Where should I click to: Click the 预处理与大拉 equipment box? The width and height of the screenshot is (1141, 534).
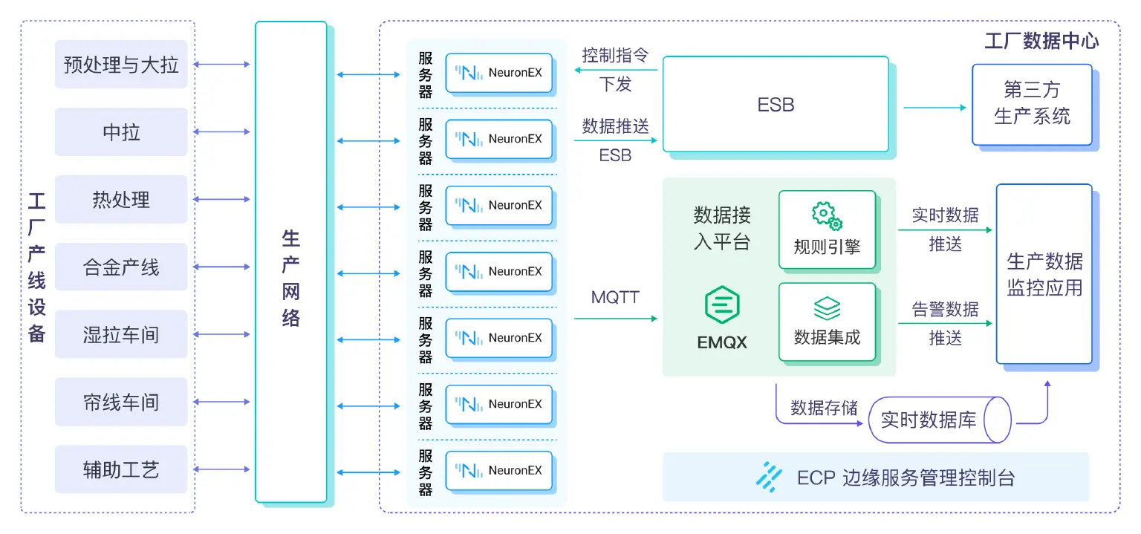(121, 65)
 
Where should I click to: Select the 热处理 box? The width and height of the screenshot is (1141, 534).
(121, 200)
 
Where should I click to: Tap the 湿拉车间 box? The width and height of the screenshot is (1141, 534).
(121, 335)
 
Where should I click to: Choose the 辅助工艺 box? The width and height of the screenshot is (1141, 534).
(121, 470)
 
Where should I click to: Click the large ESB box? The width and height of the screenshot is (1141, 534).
(776, 105)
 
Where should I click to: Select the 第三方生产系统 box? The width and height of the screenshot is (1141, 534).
(1032, 105)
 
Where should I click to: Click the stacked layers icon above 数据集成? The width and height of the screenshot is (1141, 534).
(827, 307)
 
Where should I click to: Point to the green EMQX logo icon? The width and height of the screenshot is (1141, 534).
(722, 306)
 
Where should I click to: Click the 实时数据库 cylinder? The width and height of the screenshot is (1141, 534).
(940, 420)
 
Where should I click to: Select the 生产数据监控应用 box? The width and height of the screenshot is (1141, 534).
(1044, 274)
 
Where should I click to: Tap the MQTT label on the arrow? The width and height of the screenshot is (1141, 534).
(615, 298)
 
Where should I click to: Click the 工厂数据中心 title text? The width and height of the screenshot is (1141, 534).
(1041, 40)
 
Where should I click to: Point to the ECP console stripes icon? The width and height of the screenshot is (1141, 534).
(768, 477)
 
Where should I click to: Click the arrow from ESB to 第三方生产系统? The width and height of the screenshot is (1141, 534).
(934, 108)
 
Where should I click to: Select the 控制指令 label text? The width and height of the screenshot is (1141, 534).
(615, 56)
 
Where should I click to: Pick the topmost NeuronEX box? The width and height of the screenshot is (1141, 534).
(499, 73)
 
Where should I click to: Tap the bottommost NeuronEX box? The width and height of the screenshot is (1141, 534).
(499, 470)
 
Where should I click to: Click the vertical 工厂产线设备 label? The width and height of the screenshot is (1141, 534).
(37, 267)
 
